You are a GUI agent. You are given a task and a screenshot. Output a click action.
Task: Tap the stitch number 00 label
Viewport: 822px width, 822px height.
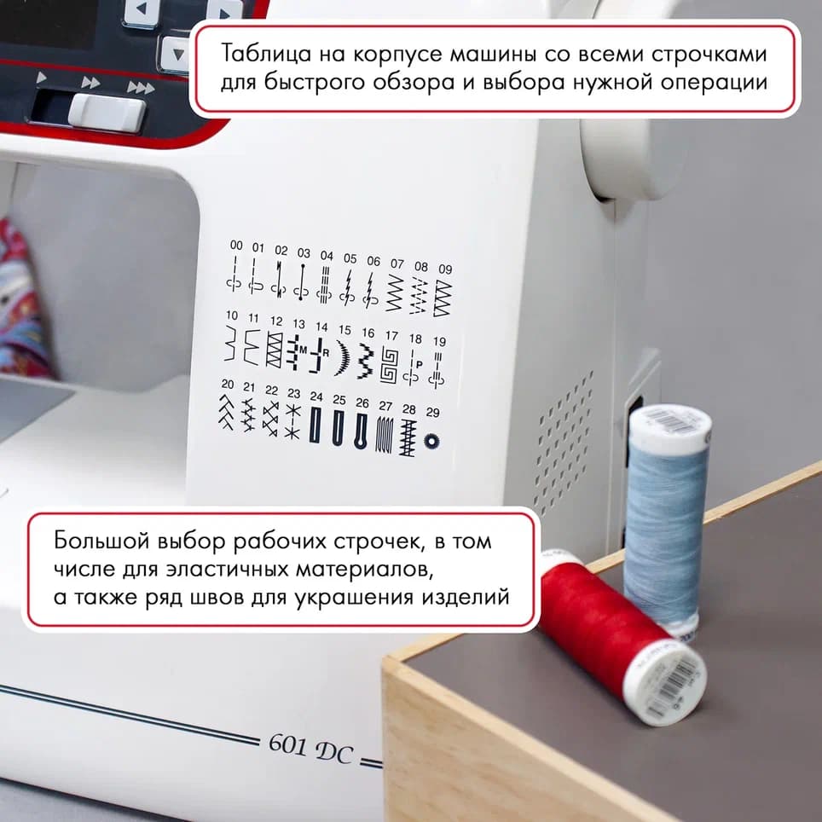tap(236, 246)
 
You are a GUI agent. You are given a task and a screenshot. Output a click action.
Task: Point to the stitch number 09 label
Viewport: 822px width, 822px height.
tap(444, 269)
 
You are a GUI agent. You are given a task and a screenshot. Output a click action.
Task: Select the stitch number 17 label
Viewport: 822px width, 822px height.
tap(391, 336)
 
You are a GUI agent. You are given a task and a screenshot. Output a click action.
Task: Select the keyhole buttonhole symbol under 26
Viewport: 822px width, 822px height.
tap(362, 430)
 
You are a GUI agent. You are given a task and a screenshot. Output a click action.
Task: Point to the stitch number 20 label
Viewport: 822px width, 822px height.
tap(228, 384)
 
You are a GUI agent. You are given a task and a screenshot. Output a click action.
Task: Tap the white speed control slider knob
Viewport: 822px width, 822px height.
tap(107, 113)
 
